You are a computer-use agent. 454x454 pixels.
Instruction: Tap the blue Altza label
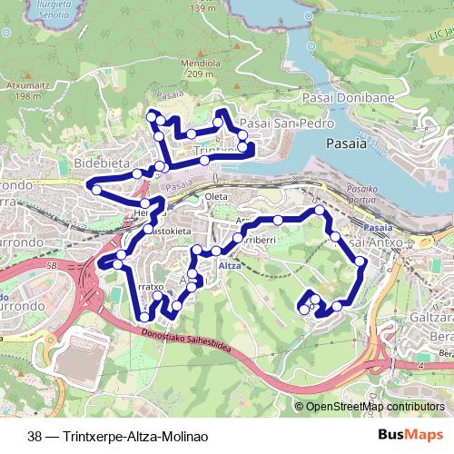(x=230, y=265)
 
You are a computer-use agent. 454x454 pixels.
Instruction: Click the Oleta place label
(x=215, y=197)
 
